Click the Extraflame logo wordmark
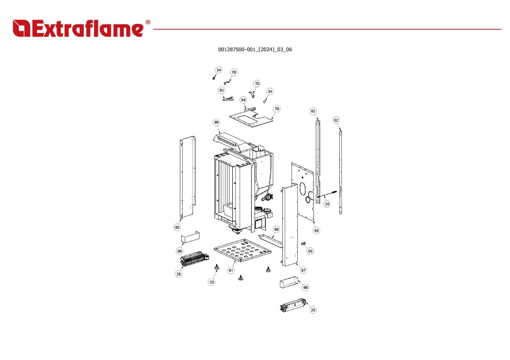(x=78, y=28)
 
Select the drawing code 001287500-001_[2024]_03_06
(x=255, y=50)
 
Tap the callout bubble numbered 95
(x=216, y=122)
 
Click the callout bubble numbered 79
(x=277, y=109)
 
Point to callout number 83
(x=221, y=90)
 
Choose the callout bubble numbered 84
(x=243, y=100)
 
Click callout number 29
(x=327, y=204)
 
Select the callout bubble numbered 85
(x=316, y=231)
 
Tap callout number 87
(x=303, y=270)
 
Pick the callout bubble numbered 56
(x=310, y=251)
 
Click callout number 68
(x=276, y=229)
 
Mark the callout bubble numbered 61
(x=231, y=270)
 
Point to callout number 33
(x=212, y=282)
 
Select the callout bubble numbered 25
(x=179, y=274)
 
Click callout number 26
(x=313, y=310)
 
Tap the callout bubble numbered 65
(x=177, y=227)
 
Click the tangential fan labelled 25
(x=195, y=259)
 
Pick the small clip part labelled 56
(x=303, y=244)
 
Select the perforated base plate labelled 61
(x=242, y=250)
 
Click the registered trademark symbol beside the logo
(x=148, y=22)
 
